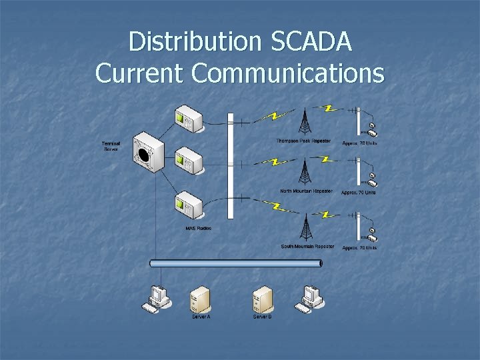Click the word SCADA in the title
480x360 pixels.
click(311, 41)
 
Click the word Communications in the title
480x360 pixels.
click(287, 73)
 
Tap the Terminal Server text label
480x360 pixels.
click(111, 146)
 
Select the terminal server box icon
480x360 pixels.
click(147, 153)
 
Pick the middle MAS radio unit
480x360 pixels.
click(188, 160)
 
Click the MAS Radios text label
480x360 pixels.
click(198, 229)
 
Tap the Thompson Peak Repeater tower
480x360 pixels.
click(305, 121)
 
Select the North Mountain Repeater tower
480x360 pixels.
click(305, 171)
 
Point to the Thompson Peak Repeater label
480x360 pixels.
click(303, 141)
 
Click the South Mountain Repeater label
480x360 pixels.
click(307, 247)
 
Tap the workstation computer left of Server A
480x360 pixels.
click(157, 299)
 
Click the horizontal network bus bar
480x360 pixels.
click(236, 263)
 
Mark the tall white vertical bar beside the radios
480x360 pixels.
click(231, 166)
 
